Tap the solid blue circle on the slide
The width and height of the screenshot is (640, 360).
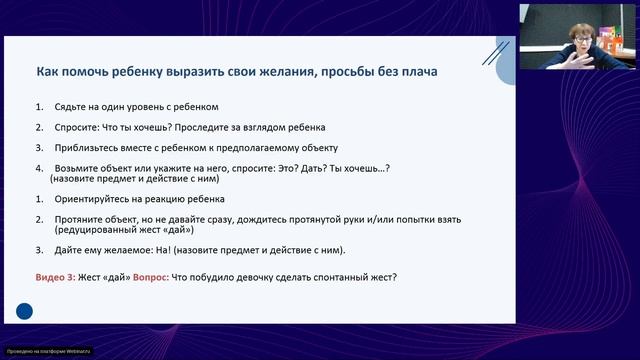tap(24, 312)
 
